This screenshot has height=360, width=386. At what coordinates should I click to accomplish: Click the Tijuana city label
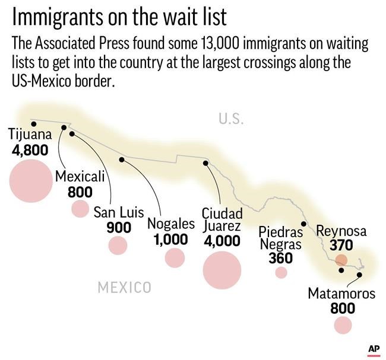point(30,135)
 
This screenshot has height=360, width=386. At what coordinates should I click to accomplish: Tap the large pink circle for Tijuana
point(31,180)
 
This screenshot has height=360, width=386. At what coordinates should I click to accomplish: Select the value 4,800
point(30,150)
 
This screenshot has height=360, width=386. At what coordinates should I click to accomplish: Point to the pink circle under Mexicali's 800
point(80,209)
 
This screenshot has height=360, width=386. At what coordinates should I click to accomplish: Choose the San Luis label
point(118,212)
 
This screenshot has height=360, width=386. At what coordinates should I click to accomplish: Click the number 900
point(118,227)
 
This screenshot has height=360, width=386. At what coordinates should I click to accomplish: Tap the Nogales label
point(171,224)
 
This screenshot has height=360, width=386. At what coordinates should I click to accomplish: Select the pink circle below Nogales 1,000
point(175,257)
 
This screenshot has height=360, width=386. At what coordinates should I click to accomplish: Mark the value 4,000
point(222,241)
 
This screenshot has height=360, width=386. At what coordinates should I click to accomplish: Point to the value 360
point(280,258)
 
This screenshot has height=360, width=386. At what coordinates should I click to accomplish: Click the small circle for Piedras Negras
point(281,272)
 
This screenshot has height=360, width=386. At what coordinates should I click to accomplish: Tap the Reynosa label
point(341,231)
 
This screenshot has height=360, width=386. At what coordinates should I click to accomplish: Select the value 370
point(341,245)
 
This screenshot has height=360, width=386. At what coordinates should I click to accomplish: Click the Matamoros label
point(341,293)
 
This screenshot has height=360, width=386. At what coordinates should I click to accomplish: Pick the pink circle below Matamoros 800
point(343,324)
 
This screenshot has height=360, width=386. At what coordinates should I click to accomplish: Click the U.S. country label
point(231,119)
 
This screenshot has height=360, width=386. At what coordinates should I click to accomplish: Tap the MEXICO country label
point(124,288)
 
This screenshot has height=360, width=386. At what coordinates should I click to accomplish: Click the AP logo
point(373,349)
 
